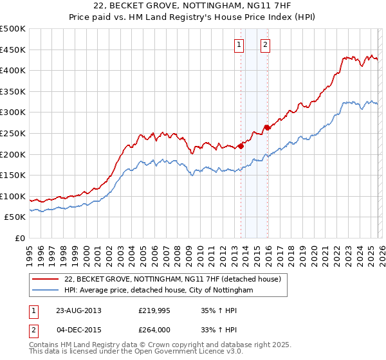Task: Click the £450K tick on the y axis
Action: pos(13,50)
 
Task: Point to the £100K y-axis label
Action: pos(13,196)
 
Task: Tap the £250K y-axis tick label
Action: pos(13,133)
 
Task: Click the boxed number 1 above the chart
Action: pos(239,44)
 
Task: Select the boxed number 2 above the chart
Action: pos(265,44)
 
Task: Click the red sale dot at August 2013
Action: pos(241,146)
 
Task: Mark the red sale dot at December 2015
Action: pos(268,127)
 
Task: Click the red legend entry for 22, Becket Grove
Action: pos(172,279)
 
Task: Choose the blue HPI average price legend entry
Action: pos(159,291)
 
